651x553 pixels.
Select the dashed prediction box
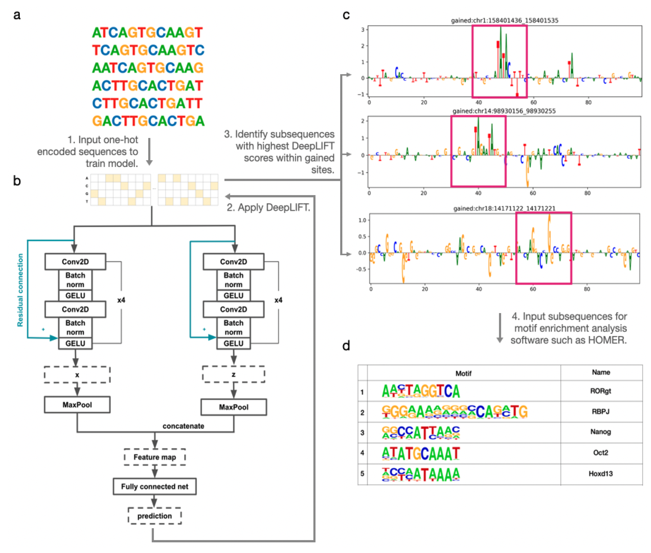(x=154, y=516)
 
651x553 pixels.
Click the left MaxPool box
(x=77, y=404)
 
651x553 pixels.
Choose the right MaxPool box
(x=234, y=407)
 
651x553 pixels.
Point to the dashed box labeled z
(x=234, y=374)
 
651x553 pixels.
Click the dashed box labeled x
(x=77, y=375)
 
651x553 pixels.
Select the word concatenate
(x=183, y=426)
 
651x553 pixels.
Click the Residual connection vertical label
(x=20, y=290)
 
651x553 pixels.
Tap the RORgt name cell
(x=600, y=391)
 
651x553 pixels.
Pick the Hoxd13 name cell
(x=600, y=474)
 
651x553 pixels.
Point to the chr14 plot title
(x=504, y=111)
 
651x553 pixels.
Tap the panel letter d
(x=346, y=346)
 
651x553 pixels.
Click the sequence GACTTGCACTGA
(x=148, y=121)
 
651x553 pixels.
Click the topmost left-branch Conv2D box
(x=75, y=261)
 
